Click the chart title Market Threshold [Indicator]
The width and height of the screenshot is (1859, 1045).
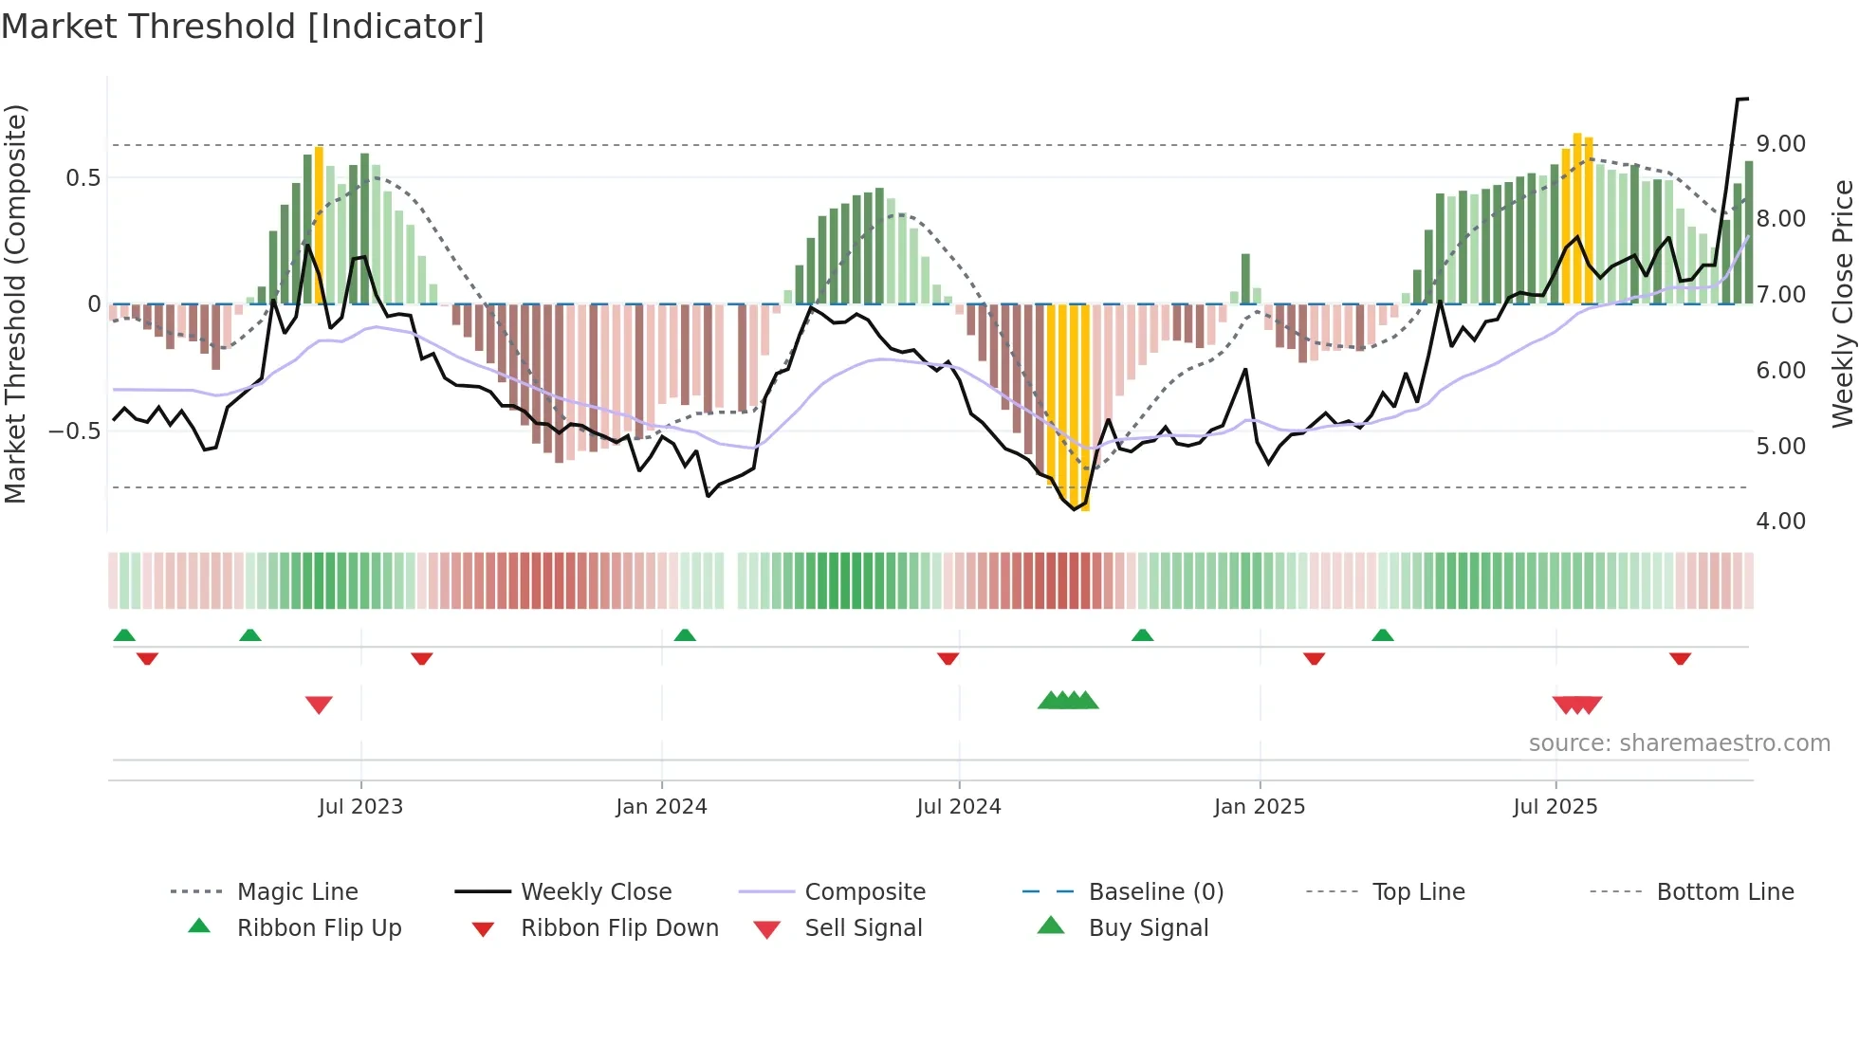coord(243,27)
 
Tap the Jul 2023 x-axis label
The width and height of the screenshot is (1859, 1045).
coord(360,807)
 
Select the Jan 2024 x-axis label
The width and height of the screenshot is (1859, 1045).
coord(661,807)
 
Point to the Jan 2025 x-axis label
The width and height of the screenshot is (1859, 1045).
coord(1260,807)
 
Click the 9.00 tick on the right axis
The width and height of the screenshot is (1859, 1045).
coord(1780,144)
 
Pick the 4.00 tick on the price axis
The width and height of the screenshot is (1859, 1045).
coord(1780,521)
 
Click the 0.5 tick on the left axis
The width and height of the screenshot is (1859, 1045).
coord(83,177)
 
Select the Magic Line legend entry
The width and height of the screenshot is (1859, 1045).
coord(297,891)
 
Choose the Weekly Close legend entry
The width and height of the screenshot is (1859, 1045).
coord(596,891)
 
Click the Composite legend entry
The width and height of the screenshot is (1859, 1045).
coord(865,891)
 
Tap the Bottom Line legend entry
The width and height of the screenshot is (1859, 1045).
coord(1724,891)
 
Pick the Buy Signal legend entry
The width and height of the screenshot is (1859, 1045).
coord(1148,927)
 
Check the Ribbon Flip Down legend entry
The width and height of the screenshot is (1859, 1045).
coord(619,927)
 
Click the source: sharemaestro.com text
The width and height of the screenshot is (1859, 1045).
coord(1679,743)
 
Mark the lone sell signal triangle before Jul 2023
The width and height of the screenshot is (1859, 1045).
coord(319,705)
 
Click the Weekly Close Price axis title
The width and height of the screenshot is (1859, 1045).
coord(1842,303)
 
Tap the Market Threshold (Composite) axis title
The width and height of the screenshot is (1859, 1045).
coord(15,303)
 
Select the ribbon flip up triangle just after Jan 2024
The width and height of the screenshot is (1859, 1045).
coord(685,634)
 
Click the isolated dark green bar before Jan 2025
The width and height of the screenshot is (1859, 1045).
coord(1245,278)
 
